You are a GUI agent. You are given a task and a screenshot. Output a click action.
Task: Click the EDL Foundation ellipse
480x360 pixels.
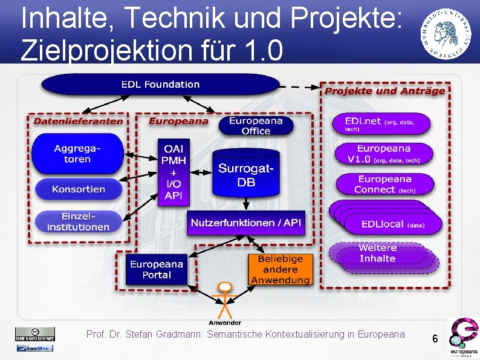click(160, 84)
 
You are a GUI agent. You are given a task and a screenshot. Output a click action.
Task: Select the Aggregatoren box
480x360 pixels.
click(77, 154)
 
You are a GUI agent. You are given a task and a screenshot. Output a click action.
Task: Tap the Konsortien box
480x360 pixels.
click(79, 189)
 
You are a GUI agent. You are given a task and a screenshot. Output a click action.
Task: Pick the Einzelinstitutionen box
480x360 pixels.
click(77, 221)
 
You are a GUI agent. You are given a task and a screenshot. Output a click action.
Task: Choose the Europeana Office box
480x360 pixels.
click(256, 126)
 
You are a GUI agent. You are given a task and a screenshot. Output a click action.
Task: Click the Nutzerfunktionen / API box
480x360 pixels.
click(246, 223)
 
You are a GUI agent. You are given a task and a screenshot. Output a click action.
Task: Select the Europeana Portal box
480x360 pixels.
click(157, 269)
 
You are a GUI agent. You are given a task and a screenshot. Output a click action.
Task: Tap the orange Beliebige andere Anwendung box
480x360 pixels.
click(280, 269)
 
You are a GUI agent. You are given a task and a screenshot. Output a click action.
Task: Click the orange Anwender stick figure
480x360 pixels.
click(225, 299)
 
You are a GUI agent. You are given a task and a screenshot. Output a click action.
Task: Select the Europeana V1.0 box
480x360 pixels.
click(384, 154)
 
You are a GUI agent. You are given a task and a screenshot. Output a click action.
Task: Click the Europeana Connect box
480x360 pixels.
click(384, 184)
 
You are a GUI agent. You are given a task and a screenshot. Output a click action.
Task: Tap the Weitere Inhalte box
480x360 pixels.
click(378, 254)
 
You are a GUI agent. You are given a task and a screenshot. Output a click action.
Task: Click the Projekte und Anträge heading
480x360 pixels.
click(385, 91)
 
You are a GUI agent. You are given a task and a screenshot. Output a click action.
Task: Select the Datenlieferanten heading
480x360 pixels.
click(78, 120)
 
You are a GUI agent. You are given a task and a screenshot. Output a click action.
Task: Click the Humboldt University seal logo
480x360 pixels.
click(447, 35)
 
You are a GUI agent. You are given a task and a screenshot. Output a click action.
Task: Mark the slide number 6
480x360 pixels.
click(435, 339)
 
